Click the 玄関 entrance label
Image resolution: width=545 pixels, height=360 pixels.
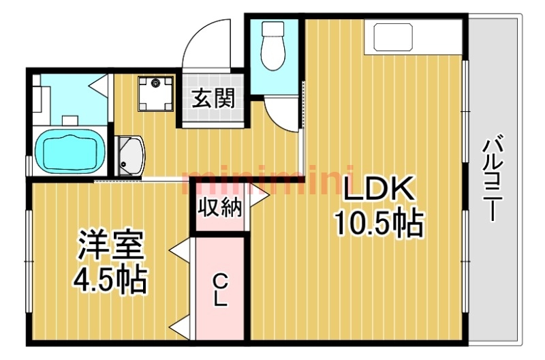[213, 97]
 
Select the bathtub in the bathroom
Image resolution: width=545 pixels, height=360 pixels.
[71, 151]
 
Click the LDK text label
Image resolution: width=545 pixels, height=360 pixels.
[379, 189]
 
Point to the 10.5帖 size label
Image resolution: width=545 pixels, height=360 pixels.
[379, 222]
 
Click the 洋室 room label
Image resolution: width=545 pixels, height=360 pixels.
[111, 245]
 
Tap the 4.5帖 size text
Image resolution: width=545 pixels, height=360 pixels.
[109, 280]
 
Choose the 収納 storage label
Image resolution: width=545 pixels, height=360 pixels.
[219, 209]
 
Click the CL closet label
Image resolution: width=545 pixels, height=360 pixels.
[220, 289]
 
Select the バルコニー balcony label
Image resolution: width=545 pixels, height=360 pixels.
[490, 179]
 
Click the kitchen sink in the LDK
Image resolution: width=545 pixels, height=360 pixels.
[394, 37]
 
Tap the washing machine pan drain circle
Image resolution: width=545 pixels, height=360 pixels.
[155, 83]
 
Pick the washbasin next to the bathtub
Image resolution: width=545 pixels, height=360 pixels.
[129, 156]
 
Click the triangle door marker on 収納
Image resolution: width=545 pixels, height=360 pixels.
[258, 195]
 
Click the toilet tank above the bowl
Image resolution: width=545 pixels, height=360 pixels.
[273, 29]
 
